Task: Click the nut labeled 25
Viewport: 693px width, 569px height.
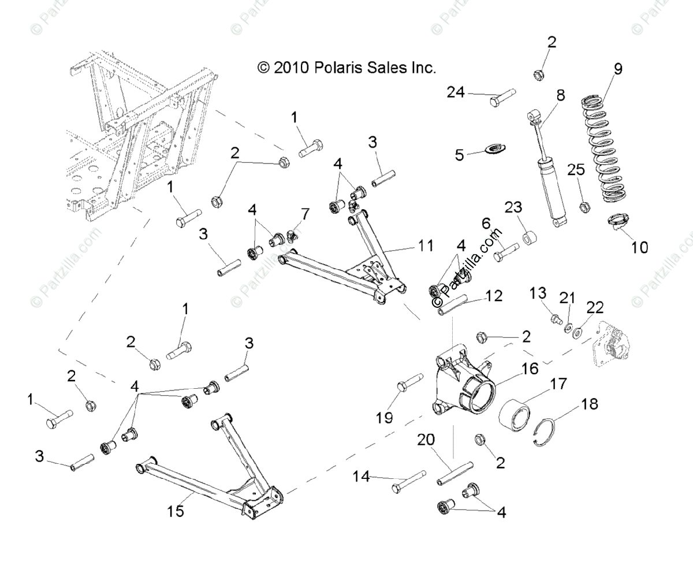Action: click(583, 205)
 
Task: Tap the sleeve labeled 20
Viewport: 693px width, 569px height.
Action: click(454, 473)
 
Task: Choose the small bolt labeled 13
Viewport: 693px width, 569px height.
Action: click(557, 317)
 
